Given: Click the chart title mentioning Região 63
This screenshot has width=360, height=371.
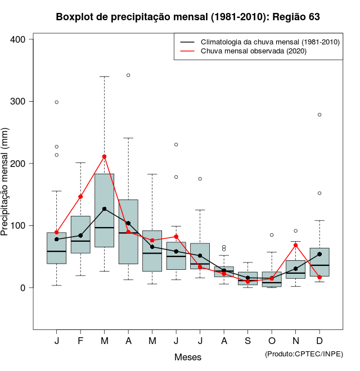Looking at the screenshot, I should [x=188, y=17].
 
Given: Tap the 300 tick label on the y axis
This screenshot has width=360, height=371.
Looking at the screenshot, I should [x=19, y=101].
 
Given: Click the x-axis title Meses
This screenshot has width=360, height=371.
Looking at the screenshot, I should [x=188, y=357].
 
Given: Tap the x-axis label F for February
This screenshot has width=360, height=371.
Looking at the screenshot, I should [x=80, y=341].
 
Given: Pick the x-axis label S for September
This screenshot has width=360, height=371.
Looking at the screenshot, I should [x=247, y=341].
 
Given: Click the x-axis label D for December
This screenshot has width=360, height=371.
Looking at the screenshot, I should [x=319, y=341].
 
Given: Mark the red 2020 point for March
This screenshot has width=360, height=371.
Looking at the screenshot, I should [x=104, y=157].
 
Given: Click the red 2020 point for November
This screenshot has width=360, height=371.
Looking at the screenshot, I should [x=295, y=245].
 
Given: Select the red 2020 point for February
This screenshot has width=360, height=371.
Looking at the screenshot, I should [x=80, y=197].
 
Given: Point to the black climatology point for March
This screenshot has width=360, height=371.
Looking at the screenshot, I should [x=104, y=209].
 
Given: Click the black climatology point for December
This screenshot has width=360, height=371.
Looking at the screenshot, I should [x=319, y=254].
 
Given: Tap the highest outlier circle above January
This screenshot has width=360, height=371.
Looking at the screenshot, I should [x=56, y=102].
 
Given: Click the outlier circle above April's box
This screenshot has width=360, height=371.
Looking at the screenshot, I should [x=128, y=75].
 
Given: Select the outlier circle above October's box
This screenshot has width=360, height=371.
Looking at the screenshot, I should [x=272, y=235].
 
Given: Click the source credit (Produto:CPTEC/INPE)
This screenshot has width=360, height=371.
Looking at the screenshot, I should [x=304, y=354].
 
